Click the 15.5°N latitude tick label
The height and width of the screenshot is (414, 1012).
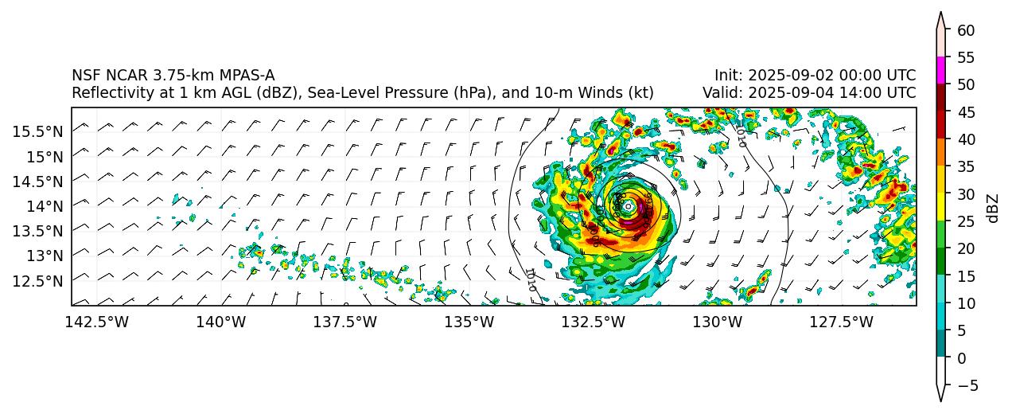point(37,131)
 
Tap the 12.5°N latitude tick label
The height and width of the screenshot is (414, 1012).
point(37,280)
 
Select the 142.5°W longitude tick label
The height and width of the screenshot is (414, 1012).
point(97,322)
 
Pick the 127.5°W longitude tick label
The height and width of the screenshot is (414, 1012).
point(842,322)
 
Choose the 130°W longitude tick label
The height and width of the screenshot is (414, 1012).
point(718,322)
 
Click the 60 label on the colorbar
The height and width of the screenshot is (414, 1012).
point(966,30)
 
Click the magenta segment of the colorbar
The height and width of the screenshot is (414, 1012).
point(940,70)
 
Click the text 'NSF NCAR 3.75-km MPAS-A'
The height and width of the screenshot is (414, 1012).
point(173,76)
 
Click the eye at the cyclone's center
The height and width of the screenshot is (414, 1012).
point(629,206)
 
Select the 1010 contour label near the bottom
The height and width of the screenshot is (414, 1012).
point(531,279)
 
